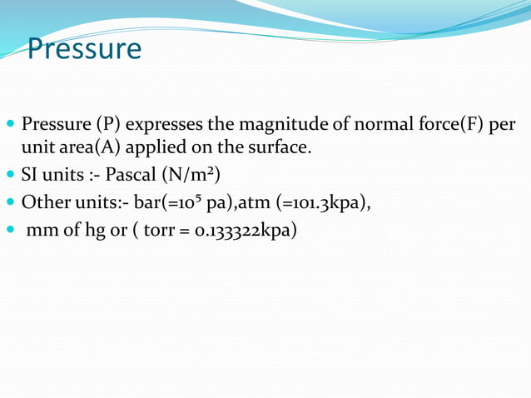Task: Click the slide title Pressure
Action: point(84,49)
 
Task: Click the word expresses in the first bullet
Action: point(163,126)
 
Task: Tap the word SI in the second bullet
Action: point(31,177)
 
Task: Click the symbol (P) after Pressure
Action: point(108,126)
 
